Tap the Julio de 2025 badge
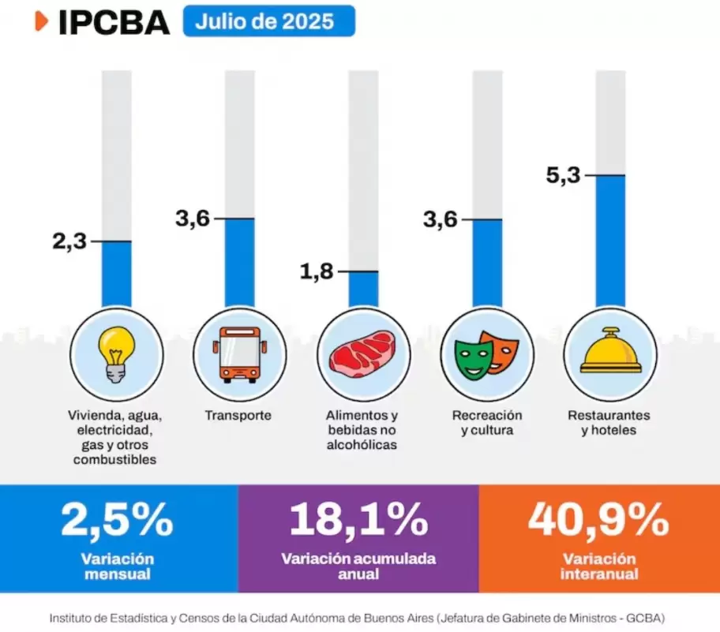[x=268, y=21]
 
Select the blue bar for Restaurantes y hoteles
[x=610, y=241]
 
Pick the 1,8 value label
[x=317, y=272]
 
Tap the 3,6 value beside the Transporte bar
[x=193, y=219]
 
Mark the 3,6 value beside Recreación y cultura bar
[x=440, y=219]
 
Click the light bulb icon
[x=117, y=353]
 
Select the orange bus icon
[x=240, y=354]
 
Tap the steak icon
[x=363, y=355]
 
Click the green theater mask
[x=473, y=357]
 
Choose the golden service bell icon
[x=610, y=352]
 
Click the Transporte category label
[x=238, y=415]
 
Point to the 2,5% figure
[x=117, y=520]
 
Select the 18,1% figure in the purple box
[x=358, y=520]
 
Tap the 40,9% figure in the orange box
[x=598, y=520]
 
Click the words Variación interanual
[x=599, y=567]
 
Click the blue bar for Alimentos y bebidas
[x=363, y=289]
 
